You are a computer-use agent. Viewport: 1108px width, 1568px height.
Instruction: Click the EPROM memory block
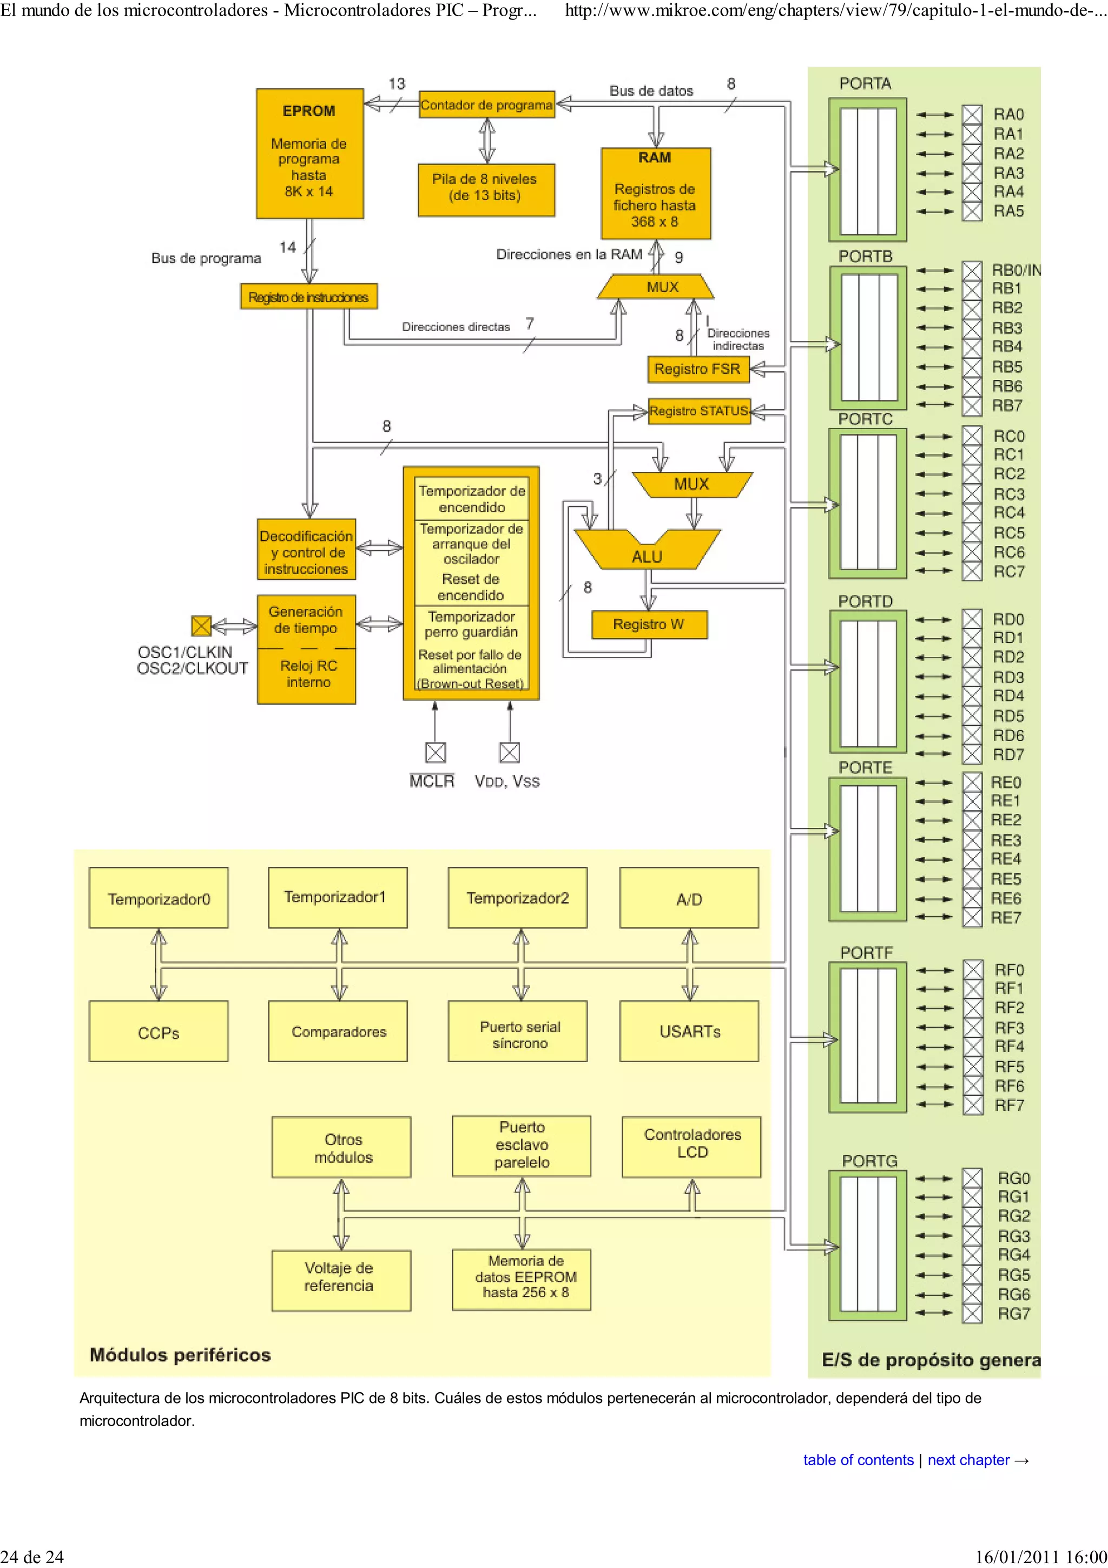click(x=309, y=153)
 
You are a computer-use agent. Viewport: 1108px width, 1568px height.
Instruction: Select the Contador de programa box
click(x=486, y=104)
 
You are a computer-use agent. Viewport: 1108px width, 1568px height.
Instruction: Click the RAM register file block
click(x=655, y=193)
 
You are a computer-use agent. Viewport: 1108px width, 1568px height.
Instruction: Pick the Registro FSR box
click(x=697, y=369)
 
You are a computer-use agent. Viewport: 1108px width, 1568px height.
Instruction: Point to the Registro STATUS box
click(x=698, y=411)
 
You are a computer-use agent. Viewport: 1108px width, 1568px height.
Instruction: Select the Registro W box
click(x=648, y=624)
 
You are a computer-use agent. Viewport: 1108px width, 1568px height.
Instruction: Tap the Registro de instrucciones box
click(x=308, y=297)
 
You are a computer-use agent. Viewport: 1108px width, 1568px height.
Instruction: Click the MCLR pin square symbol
click(x=435, y=752)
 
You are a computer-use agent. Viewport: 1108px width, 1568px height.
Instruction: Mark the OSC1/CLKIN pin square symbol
click(x=201, y=625)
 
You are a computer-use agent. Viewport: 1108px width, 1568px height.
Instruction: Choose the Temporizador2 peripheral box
click(x=517, y=898)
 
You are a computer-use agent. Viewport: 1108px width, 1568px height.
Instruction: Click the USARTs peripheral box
click(x=689, y=1031)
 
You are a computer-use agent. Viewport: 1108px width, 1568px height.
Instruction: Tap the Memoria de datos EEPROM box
click(x=522, y=1279)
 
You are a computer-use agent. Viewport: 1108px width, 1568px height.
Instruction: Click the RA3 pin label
click(x=1008, y=173)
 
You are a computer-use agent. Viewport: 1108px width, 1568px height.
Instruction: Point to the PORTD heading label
click(x=865, y=601)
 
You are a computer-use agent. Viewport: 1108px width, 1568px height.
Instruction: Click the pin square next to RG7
click(x=972, y=1313)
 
